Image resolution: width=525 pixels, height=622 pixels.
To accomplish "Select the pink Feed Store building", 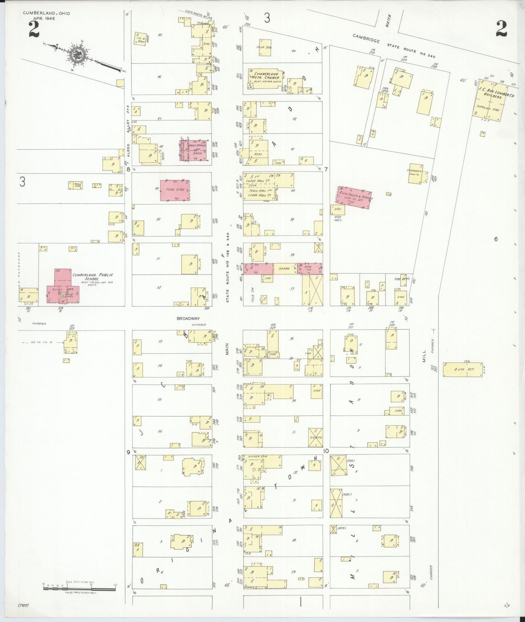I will (x=175, y=190).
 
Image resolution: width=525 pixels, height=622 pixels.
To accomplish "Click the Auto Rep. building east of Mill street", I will (x=463, y=369).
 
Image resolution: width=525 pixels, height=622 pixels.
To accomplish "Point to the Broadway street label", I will (x=188, y=319).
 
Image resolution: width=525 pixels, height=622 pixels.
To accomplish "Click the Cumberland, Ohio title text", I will (x=47, y=13).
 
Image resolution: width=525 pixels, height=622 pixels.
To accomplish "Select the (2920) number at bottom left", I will (x=23, y=606).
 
